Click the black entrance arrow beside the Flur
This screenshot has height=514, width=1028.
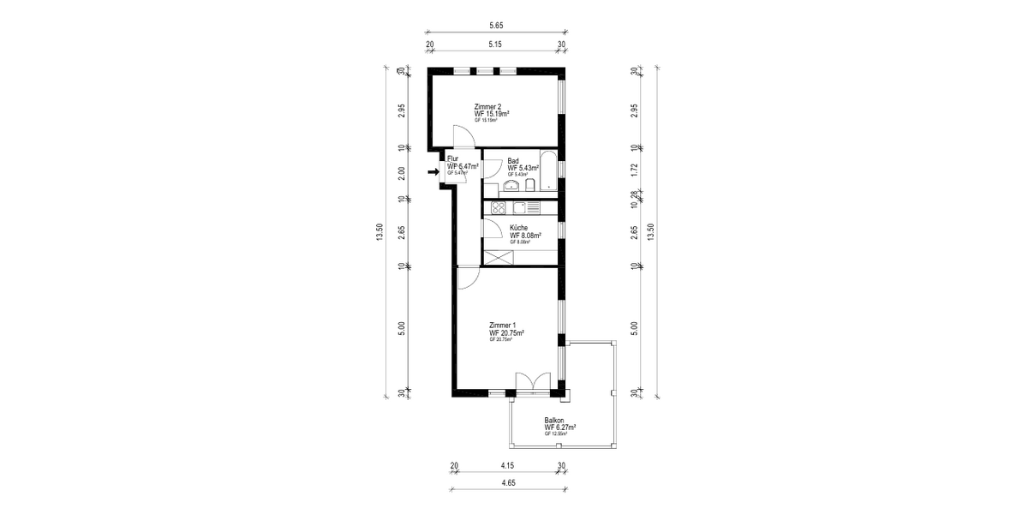pos(433,171)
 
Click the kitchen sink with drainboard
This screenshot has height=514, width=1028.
pos(524,207)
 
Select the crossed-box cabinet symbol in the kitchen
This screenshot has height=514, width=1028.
pos(496,256)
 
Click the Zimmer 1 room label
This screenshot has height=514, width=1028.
pos(502,326)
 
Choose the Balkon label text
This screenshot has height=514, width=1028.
pos(554,421)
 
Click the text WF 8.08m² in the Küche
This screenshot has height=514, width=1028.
pos(527,236)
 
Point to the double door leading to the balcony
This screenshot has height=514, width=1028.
pos(533,382)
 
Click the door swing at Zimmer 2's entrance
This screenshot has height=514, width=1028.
pos(463,136)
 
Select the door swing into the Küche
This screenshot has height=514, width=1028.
pos(492,228)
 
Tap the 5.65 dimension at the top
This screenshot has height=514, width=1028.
pos(496,26)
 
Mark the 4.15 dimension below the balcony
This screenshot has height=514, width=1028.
pos(508,466)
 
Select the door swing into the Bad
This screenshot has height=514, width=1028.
pos(491,169)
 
